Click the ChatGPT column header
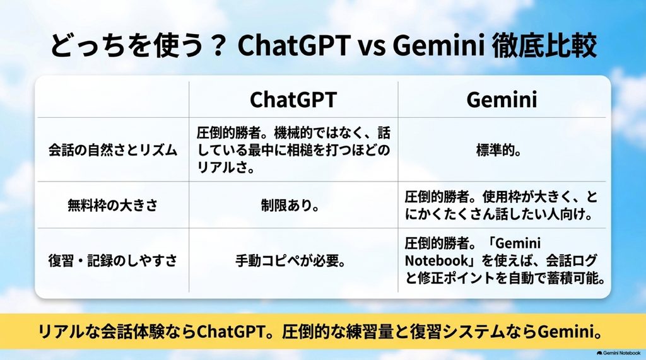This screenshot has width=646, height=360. (293, 99)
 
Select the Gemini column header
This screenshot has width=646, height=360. (502, 99)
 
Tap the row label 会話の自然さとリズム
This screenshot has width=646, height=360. (113, 150)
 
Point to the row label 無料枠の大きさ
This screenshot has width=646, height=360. (113, 205)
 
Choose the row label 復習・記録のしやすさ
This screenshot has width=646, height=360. (113, 260)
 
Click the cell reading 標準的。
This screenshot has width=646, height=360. (499, 150)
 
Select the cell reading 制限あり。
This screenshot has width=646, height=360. (290, 205)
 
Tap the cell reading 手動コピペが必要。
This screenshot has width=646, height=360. (290, 260)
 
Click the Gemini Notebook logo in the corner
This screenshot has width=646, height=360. (618, 353)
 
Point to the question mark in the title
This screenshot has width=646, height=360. (216, 45)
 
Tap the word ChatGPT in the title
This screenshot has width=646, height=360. (294, 45)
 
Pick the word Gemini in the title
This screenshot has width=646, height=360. (438, 45)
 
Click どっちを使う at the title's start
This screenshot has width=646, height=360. (127, 45)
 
